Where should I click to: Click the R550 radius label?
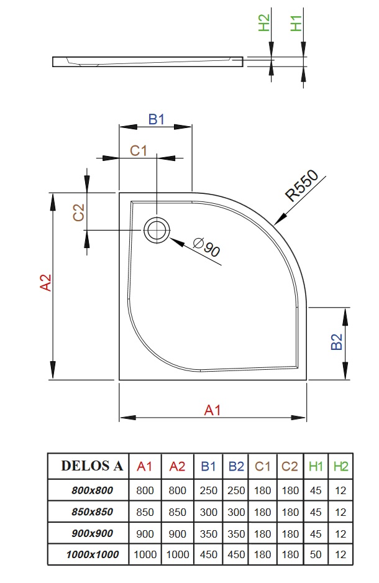click(302, 185)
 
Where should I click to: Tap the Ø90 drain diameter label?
click(207, 247)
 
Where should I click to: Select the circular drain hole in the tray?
click(157, 229)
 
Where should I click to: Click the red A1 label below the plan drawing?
click(213, 410)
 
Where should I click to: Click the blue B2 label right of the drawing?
click(336, 342)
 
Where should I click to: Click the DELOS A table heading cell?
click(92, 466)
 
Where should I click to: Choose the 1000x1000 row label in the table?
click(92, 554)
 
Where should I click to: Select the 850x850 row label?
click(92, 512)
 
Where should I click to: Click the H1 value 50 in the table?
click(316, 554)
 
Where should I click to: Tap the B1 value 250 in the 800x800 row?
click(209, 490)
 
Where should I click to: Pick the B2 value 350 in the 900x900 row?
click(236, 533)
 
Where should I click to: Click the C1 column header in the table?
click(263, 466)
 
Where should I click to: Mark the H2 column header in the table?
click(340, 466)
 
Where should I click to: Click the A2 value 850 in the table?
click(177, 512)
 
